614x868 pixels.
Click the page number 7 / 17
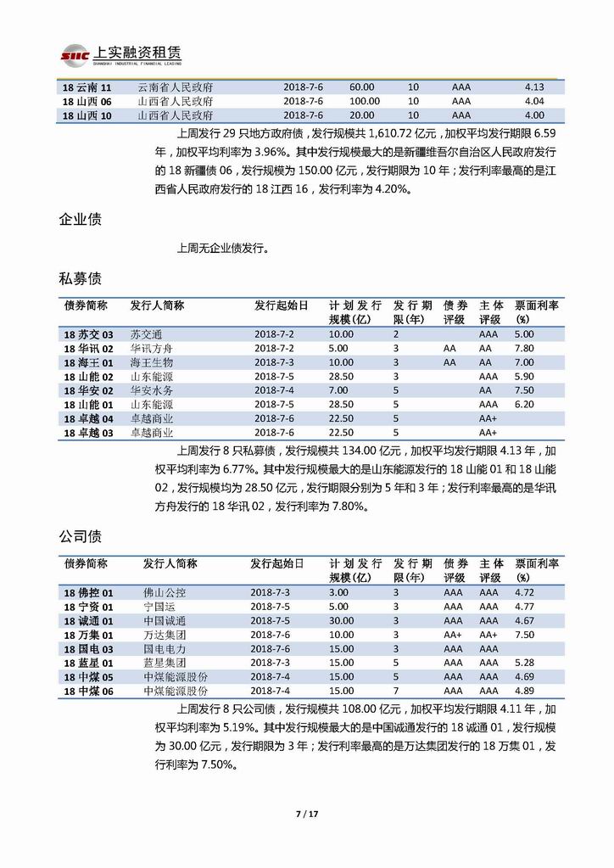click(x=306, y=815)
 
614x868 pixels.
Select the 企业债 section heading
click(x=81, y=220)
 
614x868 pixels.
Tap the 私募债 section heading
click(x=81, y=278)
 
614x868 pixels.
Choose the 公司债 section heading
click(x=81, y=536)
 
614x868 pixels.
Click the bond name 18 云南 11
click(x=87, y=87)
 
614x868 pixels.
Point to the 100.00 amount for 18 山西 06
click(x=365, y=102)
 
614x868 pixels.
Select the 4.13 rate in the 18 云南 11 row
click(x=534, y=87)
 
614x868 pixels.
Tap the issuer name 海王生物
click(x=151, y=362)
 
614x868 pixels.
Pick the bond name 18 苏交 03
click(x=88, y=334)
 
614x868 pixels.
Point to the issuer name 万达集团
click(x=165, y=635)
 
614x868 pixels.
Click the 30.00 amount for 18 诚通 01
click(x=342, y=620)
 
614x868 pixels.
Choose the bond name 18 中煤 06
click(x=88, y=691)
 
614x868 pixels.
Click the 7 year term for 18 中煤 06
click(x=395, y=691)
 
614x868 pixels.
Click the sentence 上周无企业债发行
click(x=222, y=249)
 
